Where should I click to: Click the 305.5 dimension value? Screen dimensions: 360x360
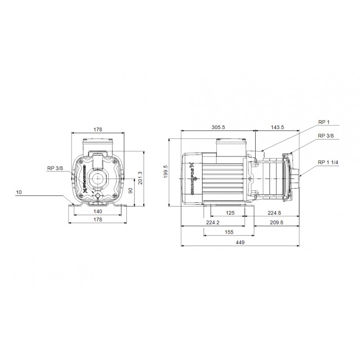218,128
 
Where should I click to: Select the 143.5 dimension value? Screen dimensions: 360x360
278,128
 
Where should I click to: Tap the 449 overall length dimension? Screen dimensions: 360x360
240,243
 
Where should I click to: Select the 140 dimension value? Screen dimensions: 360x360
97,211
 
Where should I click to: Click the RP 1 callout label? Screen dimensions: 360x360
324,121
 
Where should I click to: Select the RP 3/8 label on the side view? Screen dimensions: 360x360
325,135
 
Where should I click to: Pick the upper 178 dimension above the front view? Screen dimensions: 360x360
98,129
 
